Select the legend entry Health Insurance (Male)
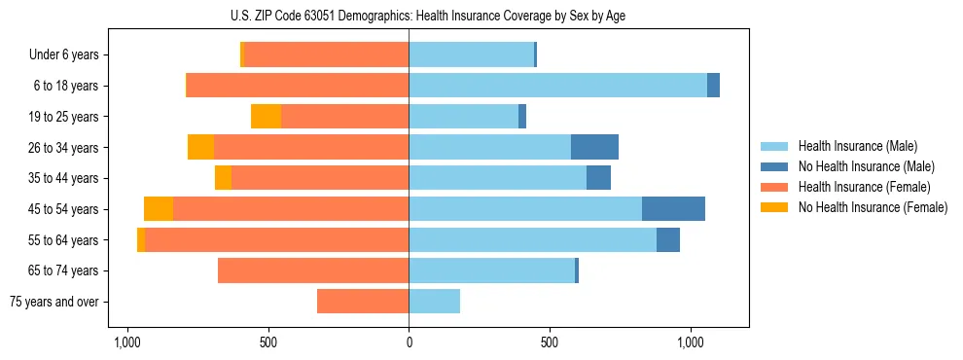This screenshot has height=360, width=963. click(857, 146)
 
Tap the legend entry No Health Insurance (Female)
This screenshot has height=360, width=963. click(873, 207)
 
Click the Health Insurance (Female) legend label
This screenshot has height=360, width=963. click(865, 187)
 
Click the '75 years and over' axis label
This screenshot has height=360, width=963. click(54, 302)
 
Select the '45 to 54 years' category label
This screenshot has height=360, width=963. click(64, 209)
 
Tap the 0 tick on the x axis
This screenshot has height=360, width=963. click(409, 343)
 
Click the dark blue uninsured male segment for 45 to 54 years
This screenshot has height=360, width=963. click(673, 209)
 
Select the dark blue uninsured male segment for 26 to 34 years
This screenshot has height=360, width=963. click(594, 148)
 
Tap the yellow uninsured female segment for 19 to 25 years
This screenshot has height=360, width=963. click(266, 117)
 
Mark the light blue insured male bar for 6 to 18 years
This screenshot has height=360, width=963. click(557, 86)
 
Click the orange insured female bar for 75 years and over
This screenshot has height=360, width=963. click(363, 302)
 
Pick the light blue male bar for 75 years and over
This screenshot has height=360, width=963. click(434, 302)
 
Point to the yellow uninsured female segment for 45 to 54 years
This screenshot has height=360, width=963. click(159, 209)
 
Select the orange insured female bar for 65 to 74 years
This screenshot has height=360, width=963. click(313, 270)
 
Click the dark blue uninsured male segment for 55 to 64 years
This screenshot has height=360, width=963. click(668, 240)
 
